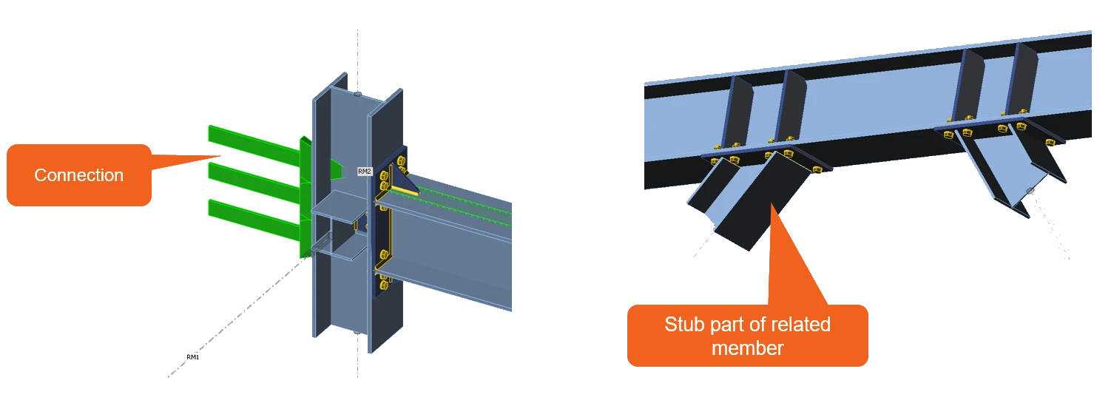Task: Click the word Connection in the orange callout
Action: click(x=78, y=175)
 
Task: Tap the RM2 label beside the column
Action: click(x=365, y=172)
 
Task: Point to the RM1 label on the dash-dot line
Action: click(x=192, y=357)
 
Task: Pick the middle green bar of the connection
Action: click(x=254, y=181)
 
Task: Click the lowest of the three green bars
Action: click(x=254, y=219)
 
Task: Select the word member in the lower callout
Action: click(x=747, y=348)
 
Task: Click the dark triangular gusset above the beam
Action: click(x=404, y=179)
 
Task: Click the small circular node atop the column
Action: click(x=357, y=93)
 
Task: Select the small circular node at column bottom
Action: click(x=357, y=332)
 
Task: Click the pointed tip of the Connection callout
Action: click(x=222, y=156)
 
